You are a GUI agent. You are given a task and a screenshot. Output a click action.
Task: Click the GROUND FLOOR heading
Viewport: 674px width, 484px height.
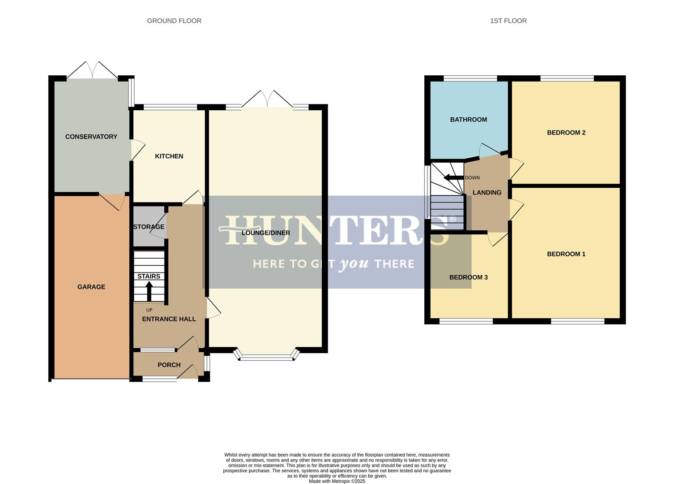click(174, 21)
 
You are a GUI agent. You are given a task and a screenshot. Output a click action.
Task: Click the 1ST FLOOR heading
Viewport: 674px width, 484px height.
click(508, 21)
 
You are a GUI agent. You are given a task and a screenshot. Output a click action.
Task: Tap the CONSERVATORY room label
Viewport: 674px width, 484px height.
click(91, 137)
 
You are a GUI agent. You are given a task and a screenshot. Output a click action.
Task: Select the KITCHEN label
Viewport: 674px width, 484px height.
click(169, 156)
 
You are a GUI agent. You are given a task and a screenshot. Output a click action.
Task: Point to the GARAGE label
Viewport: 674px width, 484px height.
click(91, 287)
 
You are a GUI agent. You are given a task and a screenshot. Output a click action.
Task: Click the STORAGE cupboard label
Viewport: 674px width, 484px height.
click(149, 227)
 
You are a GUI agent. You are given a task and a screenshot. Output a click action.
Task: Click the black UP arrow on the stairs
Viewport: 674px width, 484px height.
click(149, 291)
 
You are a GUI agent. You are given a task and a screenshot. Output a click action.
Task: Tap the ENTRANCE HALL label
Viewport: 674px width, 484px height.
click(169, 319)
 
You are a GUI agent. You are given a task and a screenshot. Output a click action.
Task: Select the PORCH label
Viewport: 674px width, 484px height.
click(169, 365)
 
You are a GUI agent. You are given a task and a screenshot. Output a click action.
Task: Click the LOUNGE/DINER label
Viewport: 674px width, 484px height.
click(266, 233)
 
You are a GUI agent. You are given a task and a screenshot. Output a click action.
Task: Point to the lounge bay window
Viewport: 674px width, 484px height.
click(266, 357)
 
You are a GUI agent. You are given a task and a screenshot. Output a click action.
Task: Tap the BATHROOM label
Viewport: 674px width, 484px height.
click(468, 120)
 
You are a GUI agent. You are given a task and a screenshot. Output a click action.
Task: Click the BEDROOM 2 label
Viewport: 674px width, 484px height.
click(566, 133)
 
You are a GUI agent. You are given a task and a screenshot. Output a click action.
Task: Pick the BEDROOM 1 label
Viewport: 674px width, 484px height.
click(566, 254)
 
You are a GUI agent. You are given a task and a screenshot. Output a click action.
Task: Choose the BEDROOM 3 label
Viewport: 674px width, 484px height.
click(469, 277)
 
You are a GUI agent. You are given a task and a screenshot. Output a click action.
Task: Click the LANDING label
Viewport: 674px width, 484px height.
click(487, 193)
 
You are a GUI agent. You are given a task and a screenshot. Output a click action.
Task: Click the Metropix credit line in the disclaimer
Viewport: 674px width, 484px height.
click(337, 481)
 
